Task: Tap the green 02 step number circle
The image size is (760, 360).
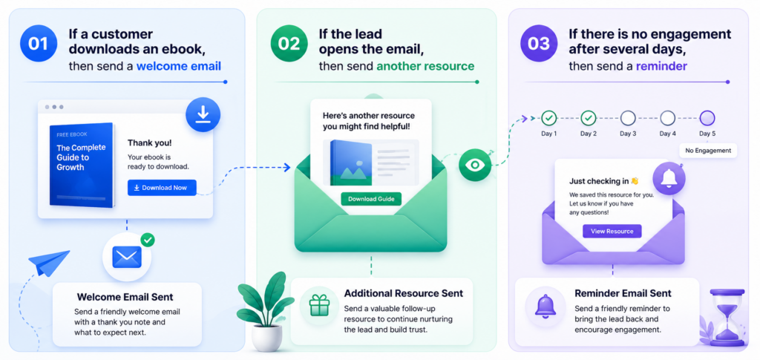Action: (x=289, y=44)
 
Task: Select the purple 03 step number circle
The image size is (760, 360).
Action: (x=539, y=44)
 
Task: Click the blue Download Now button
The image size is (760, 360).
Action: (x=162, y=188)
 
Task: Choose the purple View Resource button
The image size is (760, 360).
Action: (x=612, y=231)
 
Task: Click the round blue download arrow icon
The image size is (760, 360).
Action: (x=203, y=115)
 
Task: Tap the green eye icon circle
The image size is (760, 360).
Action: (x=475, y=165)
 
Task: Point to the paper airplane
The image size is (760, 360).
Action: (x=50, y=263)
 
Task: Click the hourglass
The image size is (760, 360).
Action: (x=727, y=317)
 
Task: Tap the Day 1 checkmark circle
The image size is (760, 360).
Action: (x=549, y=118)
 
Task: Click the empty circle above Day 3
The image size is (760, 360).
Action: (x=628, y=118)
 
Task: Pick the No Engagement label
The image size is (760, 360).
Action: (x=708, y=150)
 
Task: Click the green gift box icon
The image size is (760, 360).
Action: (x=319, y=306)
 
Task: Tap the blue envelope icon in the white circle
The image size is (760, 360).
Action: (x=126, y=257)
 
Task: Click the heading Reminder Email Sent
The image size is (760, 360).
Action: (x=623, y=293)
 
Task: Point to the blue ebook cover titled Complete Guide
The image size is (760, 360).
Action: (x=82, y=165)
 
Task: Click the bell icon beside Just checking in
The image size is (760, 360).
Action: (x=669, y=179)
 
